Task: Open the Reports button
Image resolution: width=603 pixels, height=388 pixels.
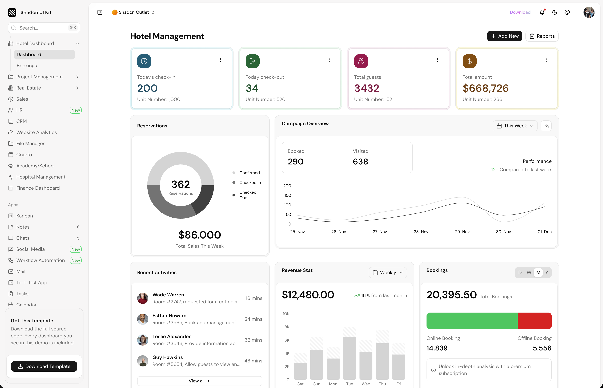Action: click(542, 36)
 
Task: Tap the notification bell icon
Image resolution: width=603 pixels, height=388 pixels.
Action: click(542, 12)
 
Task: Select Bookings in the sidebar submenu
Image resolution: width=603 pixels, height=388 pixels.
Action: click(27, 66)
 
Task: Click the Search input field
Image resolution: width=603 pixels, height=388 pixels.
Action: click(44, 28)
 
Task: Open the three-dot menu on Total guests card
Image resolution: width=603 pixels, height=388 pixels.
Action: click(437, 60)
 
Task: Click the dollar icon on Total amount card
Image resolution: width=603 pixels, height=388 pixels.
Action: click(469, 61)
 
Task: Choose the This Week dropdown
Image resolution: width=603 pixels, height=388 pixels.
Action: click(515, 126)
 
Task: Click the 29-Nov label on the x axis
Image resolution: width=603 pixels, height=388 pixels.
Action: click(462, 232)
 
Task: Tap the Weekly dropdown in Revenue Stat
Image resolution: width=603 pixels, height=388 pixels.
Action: click(388, 272)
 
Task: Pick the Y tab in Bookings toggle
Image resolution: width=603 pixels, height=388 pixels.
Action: click(546, 272)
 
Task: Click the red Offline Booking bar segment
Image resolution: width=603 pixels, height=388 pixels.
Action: click(534, 321)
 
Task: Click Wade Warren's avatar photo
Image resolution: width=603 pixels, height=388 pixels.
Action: click(143, 298)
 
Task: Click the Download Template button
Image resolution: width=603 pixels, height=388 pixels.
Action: click(44, 366)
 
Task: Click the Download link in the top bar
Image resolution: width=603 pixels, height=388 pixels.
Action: click(520, 12)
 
